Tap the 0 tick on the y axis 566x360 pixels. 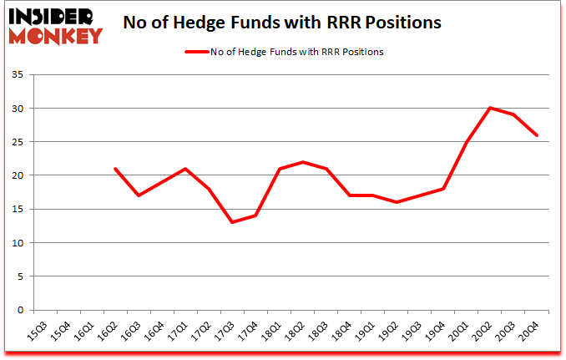tap(24, 310)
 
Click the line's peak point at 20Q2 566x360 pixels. tap(490, 108)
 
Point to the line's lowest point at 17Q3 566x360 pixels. tap(232, 222)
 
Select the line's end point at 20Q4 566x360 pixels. tap(537, 135)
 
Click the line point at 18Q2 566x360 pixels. tap(302, 162)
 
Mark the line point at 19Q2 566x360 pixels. tap(397, 202)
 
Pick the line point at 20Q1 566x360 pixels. tap(467, 142)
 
